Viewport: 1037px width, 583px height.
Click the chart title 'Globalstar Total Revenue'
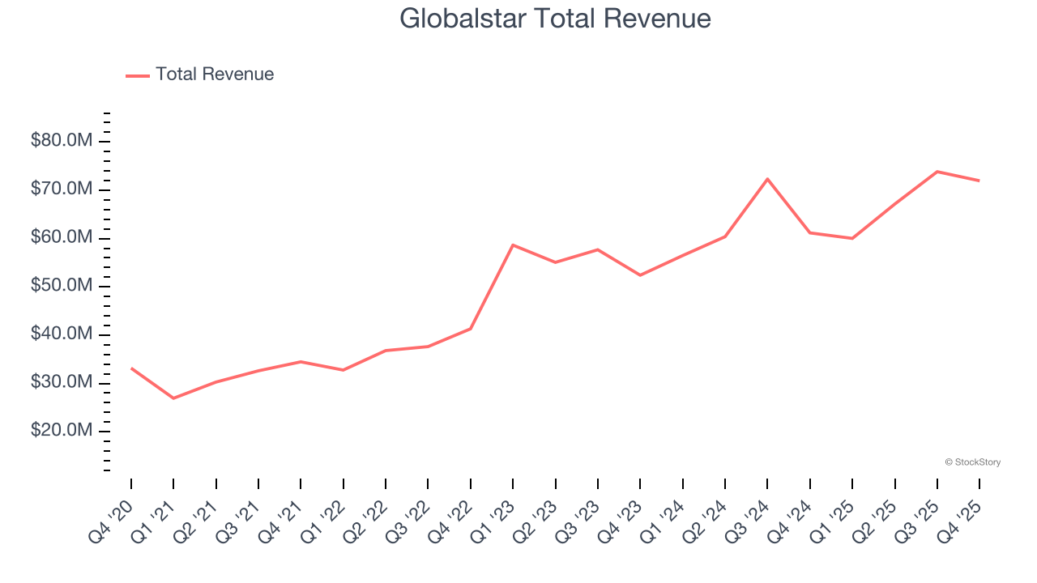(x=555, y=19)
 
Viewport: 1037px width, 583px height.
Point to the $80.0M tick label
(x=61, y=142)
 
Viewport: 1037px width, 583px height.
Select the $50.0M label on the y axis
(x=61, y=286)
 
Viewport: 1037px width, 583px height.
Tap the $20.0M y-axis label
(x=61, y=431)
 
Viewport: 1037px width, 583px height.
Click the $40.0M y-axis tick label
(x=61, y=334)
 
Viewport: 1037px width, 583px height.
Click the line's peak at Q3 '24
(x=767, y=179)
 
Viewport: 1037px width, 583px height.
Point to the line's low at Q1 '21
(x=173, y=398)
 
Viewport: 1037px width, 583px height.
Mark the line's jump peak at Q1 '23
(x=513, y=245)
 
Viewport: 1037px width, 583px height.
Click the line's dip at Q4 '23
(x=640, y=275)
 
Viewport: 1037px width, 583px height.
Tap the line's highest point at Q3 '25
(x=937, y=172)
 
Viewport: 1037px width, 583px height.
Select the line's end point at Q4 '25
(x=979, y=181)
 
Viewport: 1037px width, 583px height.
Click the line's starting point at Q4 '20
(x=131, y=368)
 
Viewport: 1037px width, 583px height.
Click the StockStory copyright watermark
(x=972, y=462)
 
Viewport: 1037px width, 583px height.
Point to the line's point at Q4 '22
(x=471, y=329)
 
